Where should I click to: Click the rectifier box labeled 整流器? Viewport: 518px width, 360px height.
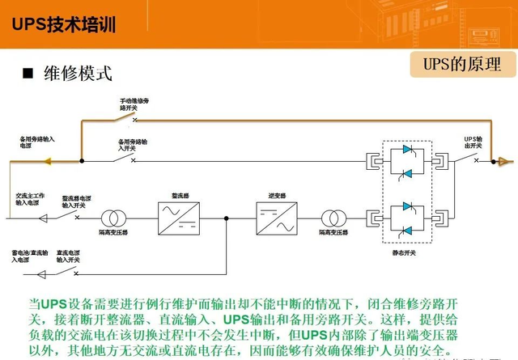[x=179, y=218]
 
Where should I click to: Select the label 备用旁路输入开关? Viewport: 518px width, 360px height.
[x=132, y=145]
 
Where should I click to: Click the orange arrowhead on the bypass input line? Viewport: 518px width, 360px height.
[x=46, y=160]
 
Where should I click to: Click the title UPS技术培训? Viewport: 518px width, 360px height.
[x=64, y=24]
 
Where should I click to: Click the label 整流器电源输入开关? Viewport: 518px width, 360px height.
[x=78, y=202]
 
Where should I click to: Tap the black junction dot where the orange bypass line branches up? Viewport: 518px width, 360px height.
[x=82, y=160]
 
